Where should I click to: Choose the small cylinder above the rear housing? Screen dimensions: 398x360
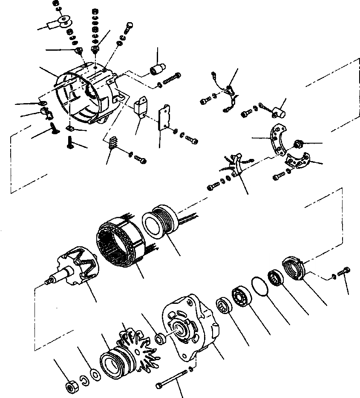click(x=158, y=68)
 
